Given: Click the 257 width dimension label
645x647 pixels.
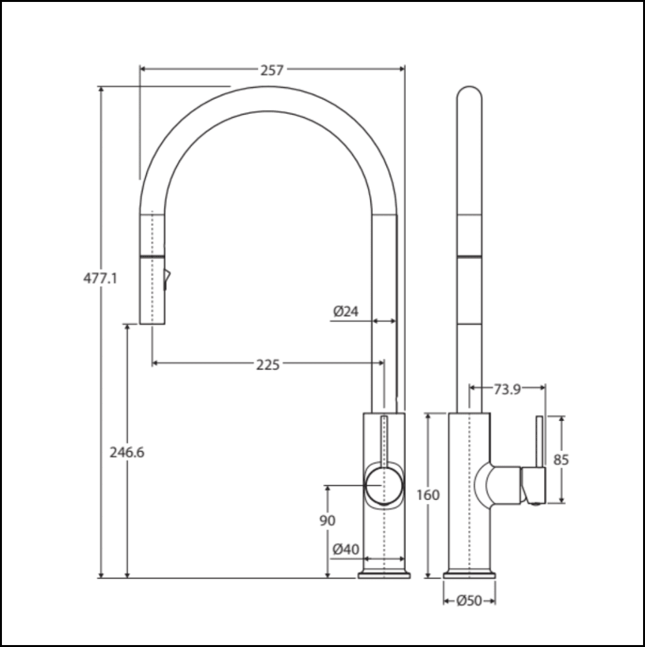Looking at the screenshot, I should [x=272, y=70].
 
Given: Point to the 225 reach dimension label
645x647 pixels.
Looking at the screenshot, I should [x=267, y=365].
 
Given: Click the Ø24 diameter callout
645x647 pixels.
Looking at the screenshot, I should [x=346, y=312].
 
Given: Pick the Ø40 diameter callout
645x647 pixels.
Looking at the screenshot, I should [x=346, y=550].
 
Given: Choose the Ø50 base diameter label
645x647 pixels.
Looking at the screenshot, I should [x=469, y=601].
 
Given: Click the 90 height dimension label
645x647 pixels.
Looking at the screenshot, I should [x=328, y=520].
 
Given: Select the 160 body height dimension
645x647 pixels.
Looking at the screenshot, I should [x=427, y=495].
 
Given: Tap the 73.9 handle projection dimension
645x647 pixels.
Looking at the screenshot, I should [x=507, y=389].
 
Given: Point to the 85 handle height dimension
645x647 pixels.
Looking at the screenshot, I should [x=561, y=460].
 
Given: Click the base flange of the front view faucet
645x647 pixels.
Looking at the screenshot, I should [x=385, y=574].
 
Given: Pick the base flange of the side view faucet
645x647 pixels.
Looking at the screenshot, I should [x=469, y=574].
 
